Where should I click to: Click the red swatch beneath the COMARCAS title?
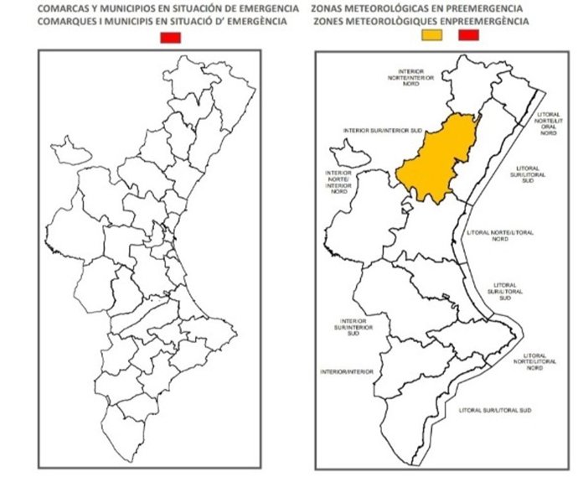[x=171, y=37]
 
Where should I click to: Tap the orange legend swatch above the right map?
[x=432, y=35]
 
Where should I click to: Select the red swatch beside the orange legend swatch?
[x=468, y=35]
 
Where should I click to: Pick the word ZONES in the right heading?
[x=327, y=19]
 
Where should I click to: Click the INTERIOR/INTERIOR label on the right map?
[x=344, y=370]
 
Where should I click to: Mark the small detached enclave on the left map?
[x=75, y=152]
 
